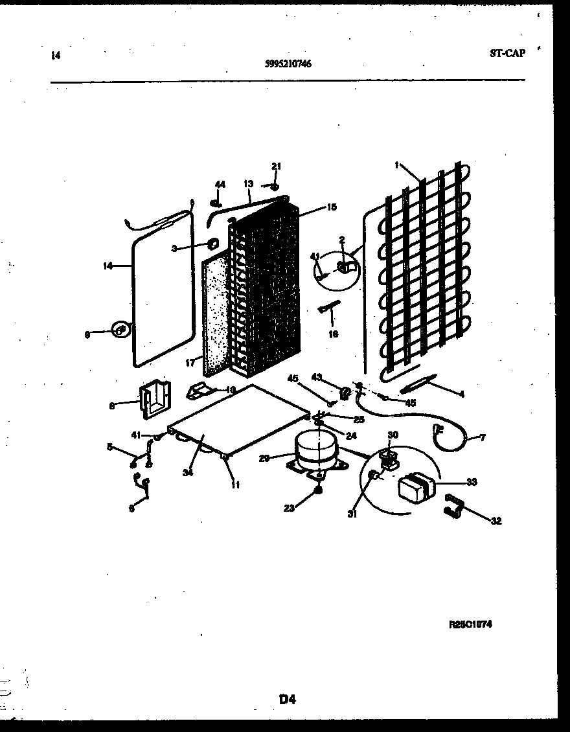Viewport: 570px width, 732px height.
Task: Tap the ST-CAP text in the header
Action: coord(507,53)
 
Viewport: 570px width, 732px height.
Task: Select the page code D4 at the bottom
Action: coord(288,698)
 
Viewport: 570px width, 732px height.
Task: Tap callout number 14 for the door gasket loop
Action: coord(108,266)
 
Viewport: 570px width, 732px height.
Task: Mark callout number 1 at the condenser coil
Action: coord(396,165)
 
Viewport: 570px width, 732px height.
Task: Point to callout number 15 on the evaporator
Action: coord(332,207)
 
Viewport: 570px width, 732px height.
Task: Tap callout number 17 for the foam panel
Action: coord(190,363)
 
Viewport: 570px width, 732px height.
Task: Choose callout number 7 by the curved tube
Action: coord(481,439)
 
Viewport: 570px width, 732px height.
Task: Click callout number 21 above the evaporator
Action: coord(277,166)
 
